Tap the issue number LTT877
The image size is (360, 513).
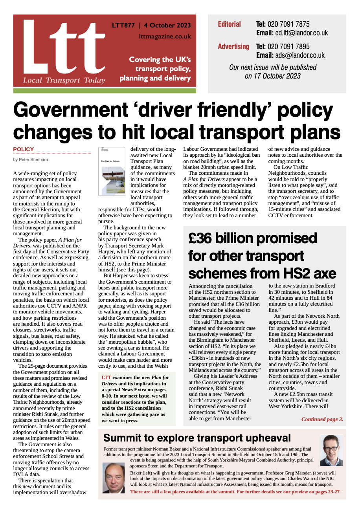pyautogui.click(x=123, y=26)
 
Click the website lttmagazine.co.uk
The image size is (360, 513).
pyautogui.click(x=165, y=36)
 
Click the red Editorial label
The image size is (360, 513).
pyautogui.click(x=229, y=24)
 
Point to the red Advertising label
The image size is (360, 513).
pyautogui.click(x=233, y=47)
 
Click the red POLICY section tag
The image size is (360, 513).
pyautogui.click(x=24, y=149)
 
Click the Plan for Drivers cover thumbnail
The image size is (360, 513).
pyautogui.click(x=112, y=171)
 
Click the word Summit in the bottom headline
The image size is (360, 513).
pyautogui.click(x=126, y=438)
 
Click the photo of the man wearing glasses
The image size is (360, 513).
pyautogui.click(x=331, y=450)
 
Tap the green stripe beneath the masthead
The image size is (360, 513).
pyautogui.click(x=105, y=91)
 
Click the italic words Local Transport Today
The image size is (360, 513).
pyautogui.click(x=64, y=81)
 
